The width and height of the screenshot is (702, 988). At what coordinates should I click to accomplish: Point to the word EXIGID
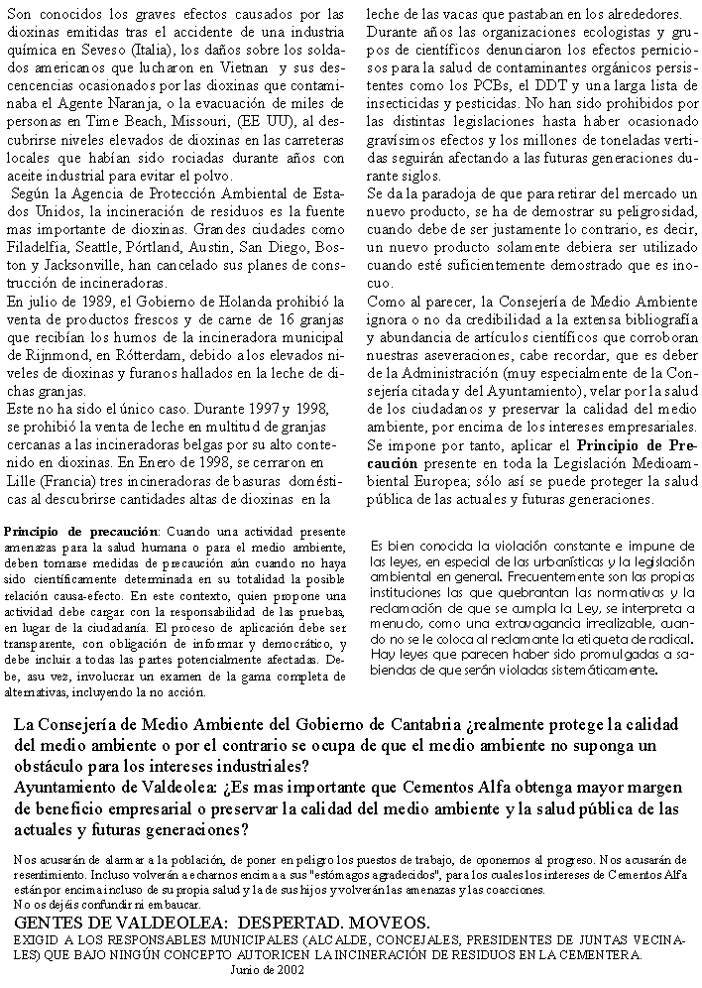[x=39, y=938]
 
